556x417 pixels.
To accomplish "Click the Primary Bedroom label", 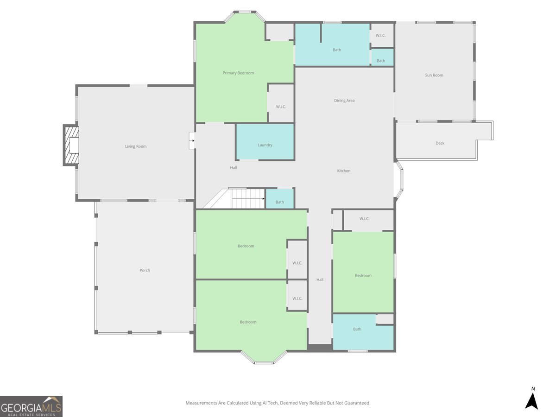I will point(238,73).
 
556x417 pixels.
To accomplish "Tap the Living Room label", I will point(136,146).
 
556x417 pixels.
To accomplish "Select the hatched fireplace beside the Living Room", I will point(71,145).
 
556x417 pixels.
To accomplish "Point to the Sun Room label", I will point(434,75).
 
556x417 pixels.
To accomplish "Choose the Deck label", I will point(440,143).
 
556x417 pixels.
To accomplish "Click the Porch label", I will point(145,270).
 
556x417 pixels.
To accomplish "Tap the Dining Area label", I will point(344,101).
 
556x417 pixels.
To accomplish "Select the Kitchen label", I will point(344,171).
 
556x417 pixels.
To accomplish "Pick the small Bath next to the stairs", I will point(280,199).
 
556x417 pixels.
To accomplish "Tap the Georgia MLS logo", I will point(31,406).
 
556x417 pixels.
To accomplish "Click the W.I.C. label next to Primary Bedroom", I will point(281,107).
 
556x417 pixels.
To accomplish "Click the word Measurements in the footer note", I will point(201,403).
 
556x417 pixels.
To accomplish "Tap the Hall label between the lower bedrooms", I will point(320,279).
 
